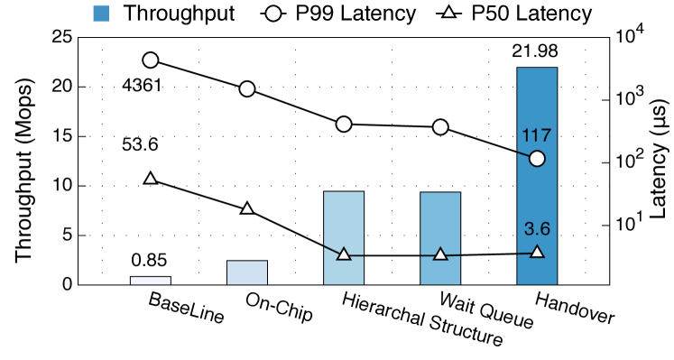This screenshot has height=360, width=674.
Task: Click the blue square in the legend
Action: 101,14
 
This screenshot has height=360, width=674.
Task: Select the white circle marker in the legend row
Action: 273,14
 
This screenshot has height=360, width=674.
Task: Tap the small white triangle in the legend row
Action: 448,12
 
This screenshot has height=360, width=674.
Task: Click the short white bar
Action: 151,281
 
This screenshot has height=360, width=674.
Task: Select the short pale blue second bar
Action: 247,272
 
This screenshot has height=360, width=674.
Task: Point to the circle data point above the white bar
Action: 151,60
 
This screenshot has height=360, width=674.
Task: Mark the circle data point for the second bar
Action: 247,88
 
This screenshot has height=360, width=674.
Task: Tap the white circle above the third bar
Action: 344,124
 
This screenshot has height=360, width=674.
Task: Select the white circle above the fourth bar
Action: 440,127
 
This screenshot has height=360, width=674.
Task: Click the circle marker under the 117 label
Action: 537,159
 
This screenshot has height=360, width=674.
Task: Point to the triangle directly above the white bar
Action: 151,179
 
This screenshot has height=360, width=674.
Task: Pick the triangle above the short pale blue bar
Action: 247,208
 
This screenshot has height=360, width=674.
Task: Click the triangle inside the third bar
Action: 344,254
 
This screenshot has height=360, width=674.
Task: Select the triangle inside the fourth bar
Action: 440,254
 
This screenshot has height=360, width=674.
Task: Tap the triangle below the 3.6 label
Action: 537,252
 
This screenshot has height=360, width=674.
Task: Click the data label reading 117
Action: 537,135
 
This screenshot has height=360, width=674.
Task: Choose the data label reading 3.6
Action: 537,229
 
